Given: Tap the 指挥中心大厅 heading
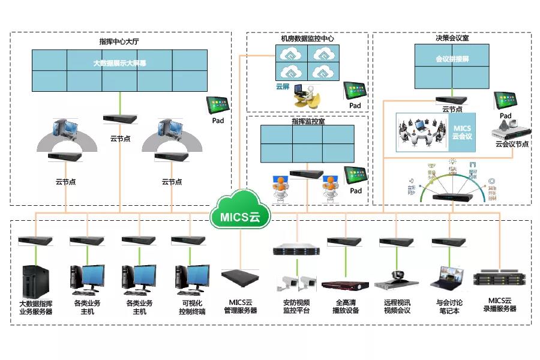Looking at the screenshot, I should pyautogui.click(x=119, y=42).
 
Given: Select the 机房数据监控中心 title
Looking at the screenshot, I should pyautogui.click(x=307, y=38).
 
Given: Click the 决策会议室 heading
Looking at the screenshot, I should pyautogui.click(x=452, y=38).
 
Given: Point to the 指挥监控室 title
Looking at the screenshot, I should pyautogui.click(x=308, y=121).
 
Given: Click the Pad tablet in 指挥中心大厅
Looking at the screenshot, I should pyautogui.click(x=218, y=106).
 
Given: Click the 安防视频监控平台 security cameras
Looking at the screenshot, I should pyautogui.click(x=299, y=281).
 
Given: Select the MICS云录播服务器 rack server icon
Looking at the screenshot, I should pyautogui.click(x=500, y=279).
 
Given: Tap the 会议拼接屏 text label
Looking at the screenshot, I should pyautogui.click(x=452, y=60).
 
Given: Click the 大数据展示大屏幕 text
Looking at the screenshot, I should pyautogui.click(x=119, y=62).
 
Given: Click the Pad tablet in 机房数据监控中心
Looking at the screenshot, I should pyautogui.click(x=355, y=91).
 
